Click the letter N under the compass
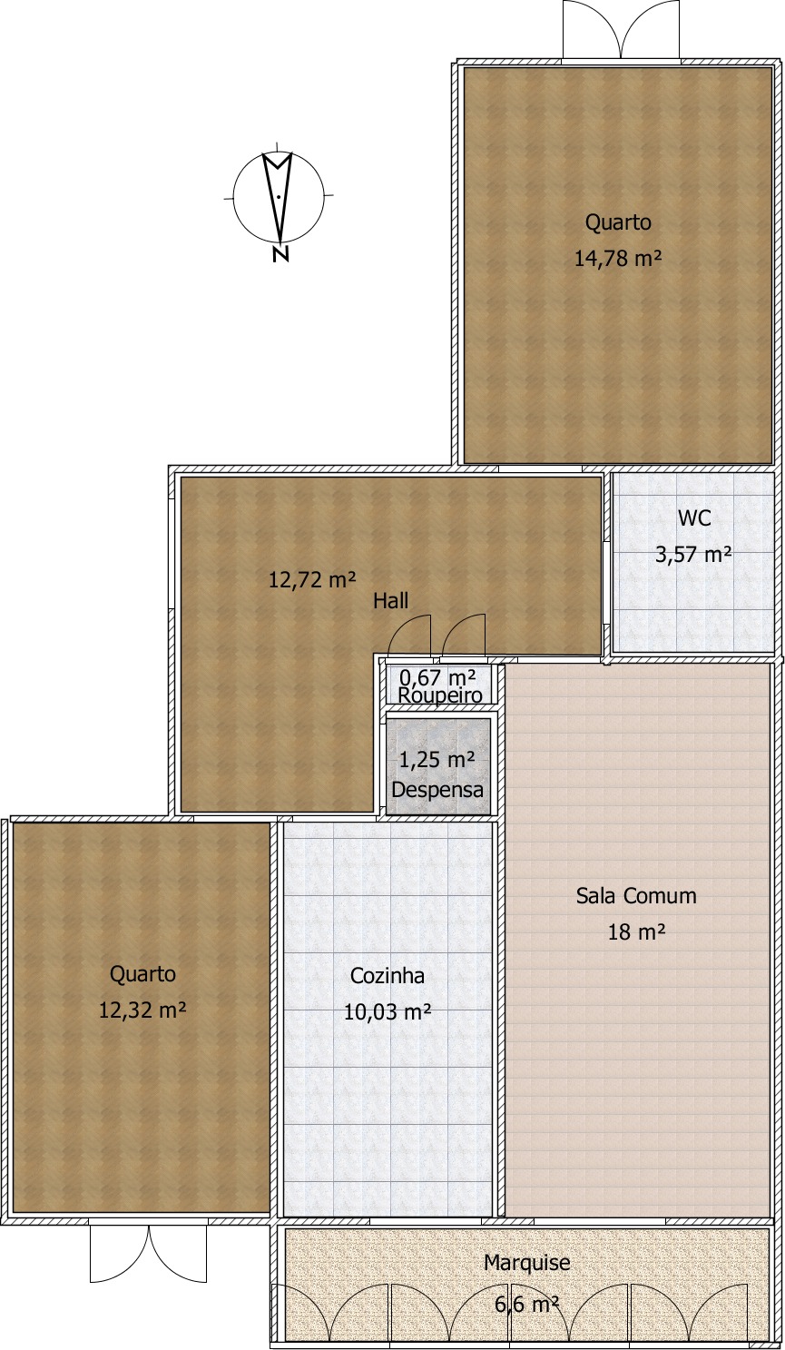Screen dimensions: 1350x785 tap(280, 254)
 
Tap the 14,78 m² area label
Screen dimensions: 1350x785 tap(617, 259)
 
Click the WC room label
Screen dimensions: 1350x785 tap(694, 518)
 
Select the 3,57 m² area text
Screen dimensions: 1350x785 tap(693, 554)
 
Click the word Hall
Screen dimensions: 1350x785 tap(390, 601)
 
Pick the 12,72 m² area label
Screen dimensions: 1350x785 tap(311, 579)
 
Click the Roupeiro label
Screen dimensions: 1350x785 tap(440, 695)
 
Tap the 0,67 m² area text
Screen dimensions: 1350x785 tap(438, 677)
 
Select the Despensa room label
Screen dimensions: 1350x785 tap(437, 790)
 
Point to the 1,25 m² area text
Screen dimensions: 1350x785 tap(437, 760)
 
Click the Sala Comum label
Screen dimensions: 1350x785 tap(636, 896)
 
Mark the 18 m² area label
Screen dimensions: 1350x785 tap(637, 931)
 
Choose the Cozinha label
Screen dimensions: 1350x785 tap(388, 976)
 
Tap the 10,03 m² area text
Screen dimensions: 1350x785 tap(387, 1011)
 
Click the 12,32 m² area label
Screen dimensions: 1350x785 tap(142, 1010)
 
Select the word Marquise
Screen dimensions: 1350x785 tap(526, 1263)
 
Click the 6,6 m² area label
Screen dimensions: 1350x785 tap(526, 1305)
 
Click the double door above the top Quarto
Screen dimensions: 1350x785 tap(621, 30)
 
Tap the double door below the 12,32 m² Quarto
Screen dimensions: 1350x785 tap(148, 1254)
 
